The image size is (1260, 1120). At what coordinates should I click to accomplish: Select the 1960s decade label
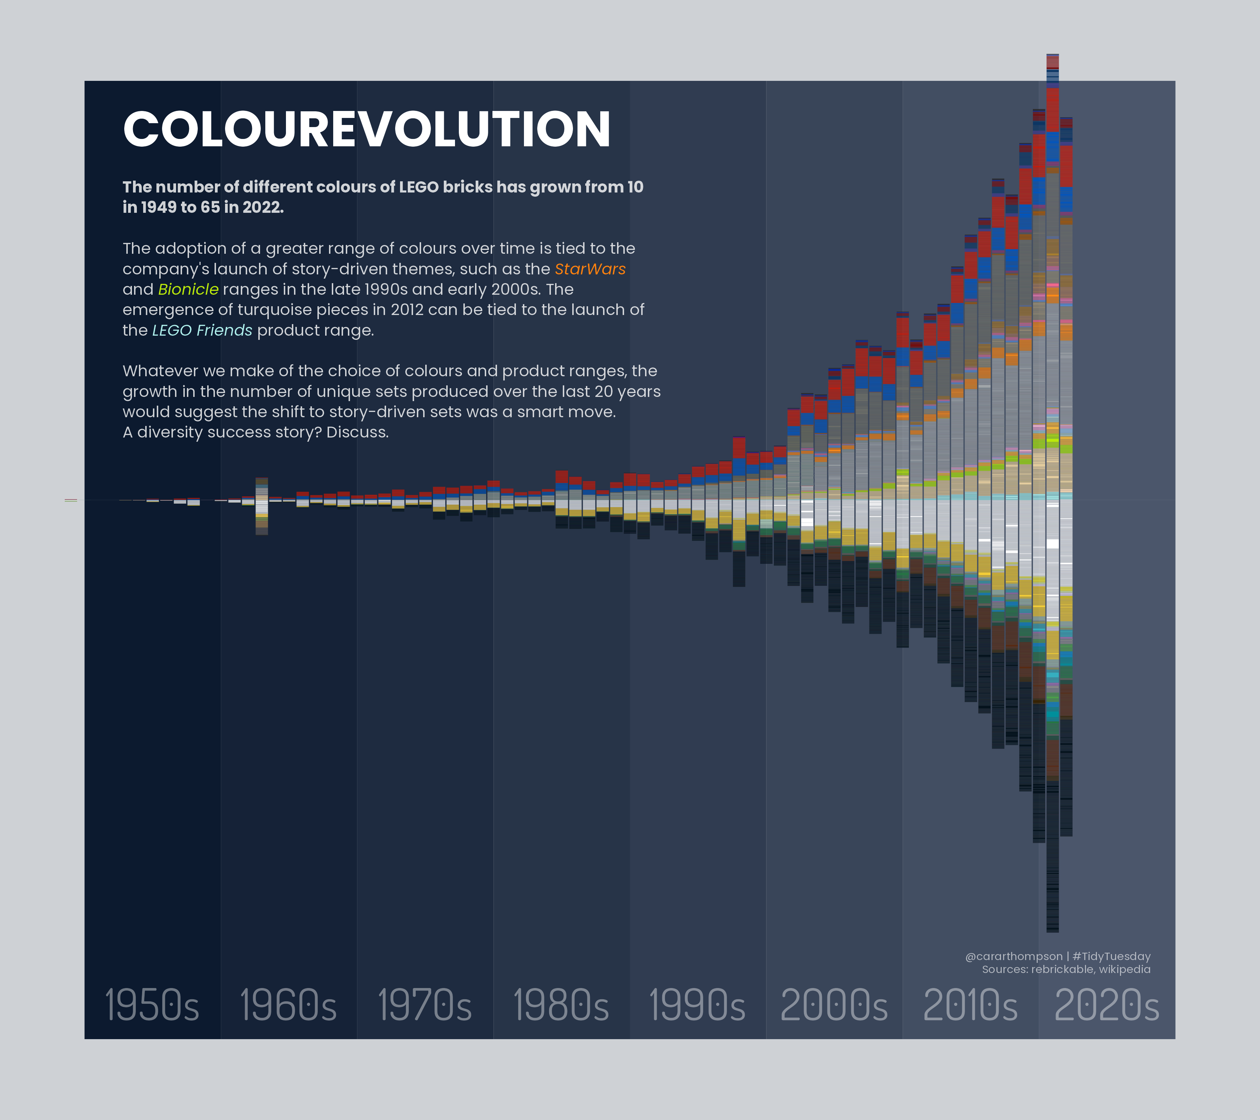click(x=288, y=1005)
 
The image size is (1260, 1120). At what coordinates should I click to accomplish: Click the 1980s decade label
click(x=561, y=1005)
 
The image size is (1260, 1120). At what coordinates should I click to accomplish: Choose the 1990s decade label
click(x=697, y=1005)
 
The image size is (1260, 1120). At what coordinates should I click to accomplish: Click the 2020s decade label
click(x=1106, y=1005)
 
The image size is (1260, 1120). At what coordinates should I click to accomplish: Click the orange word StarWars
click(x=590, y=269)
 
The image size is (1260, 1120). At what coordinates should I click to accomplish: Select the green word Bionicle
click(x=188, y=290)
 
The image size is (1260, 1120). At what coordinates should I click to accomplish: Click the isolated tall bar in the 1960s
click(x=261, y=505)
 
